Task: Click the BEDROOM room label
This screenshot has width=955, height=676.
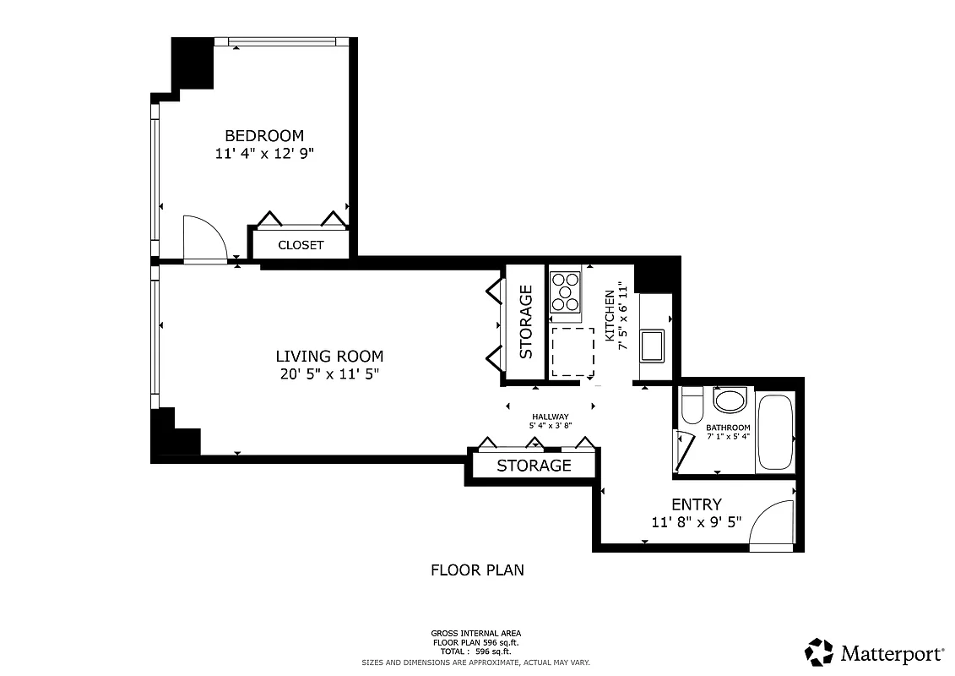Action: tap(263, 135)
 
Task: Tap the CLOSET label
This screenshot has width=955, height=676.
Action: tap(301, 245)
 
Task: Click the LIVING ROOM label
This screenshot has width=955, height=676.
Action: tap(329, 357)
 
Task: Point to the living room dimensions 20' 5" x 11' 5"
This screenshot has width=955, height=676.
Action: tap(329, 374)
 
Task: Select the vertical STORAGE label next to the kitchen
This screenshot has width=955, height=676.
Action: tap(525, 322)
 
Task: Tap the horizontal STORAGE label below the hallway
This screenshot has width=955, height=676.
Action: tap(534, 466)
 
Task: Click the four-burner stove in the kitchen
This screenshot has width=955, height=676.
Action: tap(565, 292)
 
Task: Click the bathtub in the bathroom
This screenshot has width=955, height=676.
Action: tap(775, 431)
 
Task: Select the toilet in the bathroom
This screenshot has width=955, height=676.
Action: tap(692, 405)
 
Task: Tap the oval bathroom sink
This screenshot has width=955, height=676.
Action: tap(730, 400)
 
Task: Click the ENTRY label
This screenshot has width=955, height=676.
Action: tap(697, 504)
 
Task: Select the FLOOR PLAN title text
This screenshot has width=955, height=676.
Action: tap(477, 570)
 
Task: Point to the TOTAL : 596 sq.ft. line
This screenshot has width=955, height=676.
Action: tap(476, 651)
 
